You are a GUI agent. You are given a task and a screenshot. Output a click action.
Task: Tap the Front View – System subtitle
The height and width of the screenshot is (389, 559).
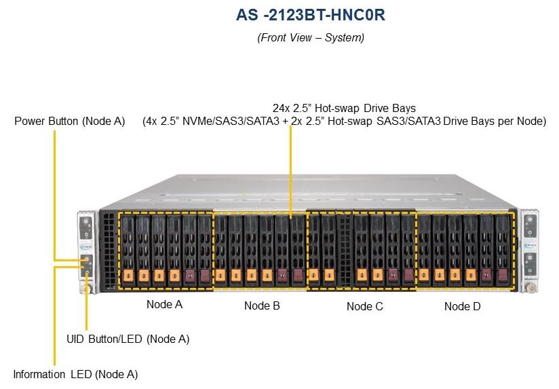click(x=310, y=38)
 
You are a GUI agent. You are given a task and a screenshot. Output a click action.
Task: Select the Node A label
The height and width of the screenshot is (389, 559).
click(x=164, y=304)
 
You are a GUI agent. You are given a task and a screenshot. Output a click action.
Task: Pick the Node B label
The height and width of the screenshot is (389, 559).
click(x=262, y=306)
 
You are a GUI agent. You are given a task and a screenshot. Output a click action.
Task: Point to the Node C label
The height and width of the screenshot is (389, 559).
click(x=364, y=306)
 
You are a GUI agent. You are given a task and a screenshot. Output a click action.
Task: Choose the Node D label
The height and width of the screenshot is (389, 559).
click(x=462, y=306)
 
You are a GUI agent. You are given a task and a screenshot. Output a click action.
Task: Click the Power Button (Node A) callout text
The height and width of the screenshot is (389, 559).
click(x=70, y=122)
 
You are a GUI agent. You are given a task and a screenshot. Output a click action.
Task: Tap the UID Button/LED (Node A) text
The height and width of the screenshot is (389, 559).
click(x=128, y=338)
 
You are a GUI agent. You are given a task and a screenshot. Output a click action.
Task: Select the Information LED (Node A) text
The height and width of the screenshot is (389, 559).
click(x=75, y=374)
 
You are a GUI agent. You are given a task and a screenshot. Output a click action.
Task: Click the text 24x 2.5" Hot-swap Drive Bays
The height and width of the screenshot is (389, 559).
click(x=344, y=108)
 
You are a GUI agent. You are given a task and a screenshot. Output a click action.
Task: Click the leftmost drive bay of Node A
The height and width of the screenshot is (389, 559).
click(x=127, y=248)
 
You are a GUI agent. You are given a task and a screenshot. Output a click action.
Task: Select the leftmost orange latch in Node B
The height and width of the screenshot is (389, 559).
click(x=221, y=276)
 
